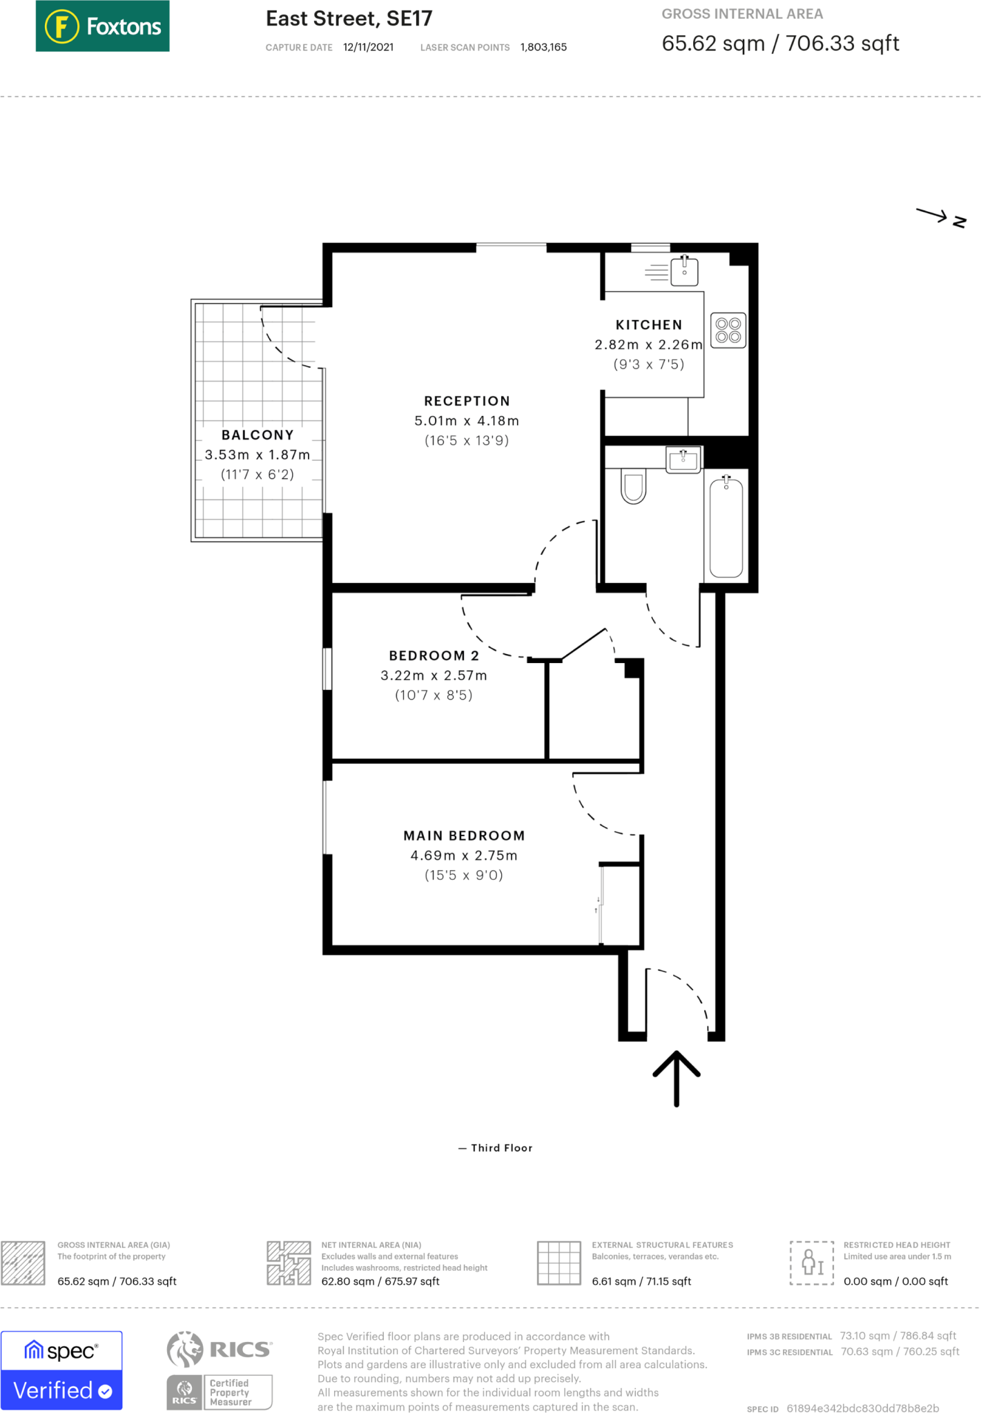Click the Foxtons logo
coord(102,26)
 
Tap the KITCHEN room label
coord(648,325)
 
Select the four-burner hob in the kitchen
coord(728,330)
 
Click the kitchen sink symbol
coord(683,272)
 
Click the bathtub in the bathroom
coord(726,527)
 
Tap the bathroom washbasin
coord(683,460)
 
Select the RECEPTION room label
coord(467,401)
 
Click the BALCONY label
coord(258,435)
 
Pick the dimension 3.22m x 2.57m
coord(434,675)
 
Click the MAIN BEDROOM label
coord(464,836)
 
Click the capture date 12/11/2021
coord(368,47)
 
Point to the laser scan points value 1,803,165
coord(543,47)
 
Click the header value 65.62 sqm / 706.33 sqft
coord(780,43)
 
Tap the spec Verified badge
coord(61,1370)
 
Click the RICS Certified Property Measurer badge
coord(220,1370)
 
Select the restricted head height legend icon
coord(812,1263)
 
